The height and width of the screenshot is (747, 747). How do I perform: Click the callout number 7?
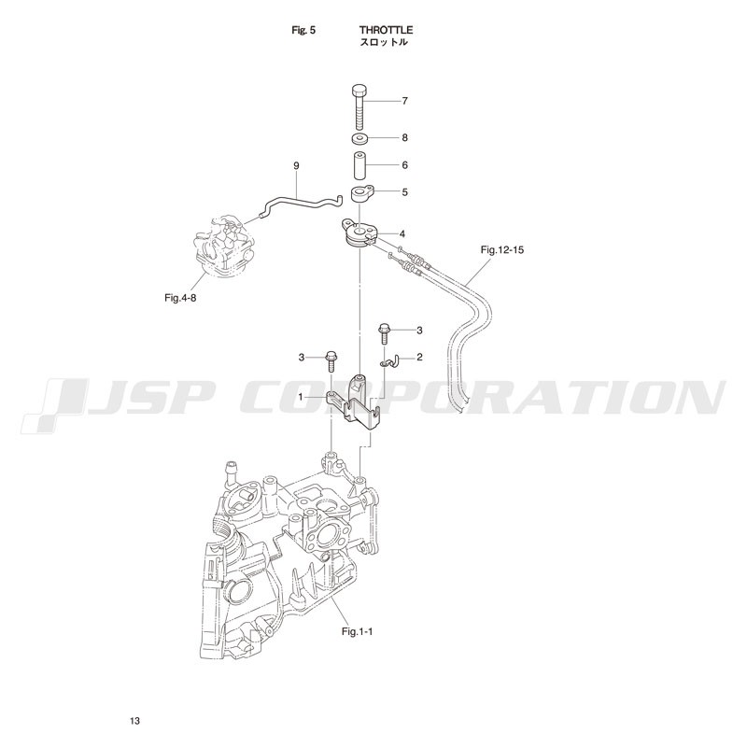pyautogui.click(x=404, y=101)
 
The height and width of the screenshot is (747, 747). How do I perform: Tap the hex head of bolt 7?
pyautogui.click(x=359, y=91)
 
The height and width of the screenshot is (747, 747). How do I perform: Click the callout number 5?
pyautogui.click(x=404, y=192)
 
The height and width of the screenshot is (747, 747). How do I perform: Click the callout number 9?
pyautogui.click(x=296, y=166)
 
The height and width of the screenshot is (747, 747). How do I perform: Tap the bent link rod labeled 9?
pyautogui.click(x=300, y=204)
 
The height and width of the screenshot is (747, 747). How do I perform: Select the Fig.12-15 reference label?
pyautogui.click(x=501, y=249)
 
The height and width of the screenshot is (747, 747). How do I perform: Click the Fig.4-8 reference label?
pyautogui.click(x=180, y=298)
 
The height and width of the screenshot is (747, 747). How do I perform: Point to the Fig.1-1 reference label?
pyautogui.click(x=358, y=632)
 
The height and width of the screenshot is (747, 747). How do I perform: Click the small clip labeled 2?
pyautogui.click(x=389, y=362)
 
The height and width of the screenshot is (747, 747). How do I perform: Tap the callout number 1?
pyautogui.click(x=301, y=396)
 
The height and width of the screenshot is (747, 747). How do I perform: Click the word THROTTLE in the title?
pyautogui.click(x=386, y=30)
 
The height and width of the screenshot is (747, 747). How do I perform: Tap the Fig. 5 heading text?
pyautogui.click(x=303, y=30)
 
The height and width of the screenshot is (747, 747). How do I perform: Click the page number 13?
pyautogui.click(x=134, y=721)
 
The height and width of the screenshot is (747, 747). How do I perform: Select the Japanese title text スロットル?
pyautogui.click(x=384, y=42)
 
